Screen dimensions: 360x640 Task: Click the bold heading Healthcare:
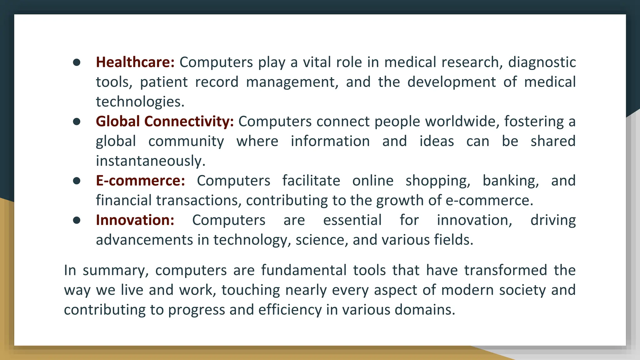pos(135,62)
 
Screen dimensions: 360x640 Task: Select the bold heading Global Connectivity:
pos(165,121)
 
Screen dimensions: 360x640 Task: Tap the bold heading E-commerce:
pos(140,181)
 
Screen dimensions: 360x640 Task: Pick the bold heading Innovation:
pos(135,220)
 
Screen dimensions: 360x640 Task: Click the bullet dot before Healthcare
pos(77,62)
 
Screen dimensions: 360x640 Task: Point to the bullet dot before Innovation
pos(77,220)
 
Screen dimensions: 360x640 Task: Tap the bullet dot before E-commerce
pos(77,181)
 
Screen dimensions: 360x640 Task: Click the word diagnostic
pos(542,62)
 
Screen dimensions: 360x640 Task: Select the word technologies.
pos(140,102)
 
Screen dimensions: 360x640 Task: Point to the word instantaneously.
pos(150,161)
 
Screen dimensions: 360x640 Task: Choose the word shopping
pos(438,181)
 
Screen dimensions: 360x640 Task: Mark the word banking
pos(511,181)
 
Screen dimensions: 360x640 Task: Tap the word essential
pos(352,220)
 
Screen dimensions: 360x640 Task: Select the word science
pos(322,240)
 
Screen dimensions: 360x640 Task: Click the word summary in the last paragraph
pos(115,270)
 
